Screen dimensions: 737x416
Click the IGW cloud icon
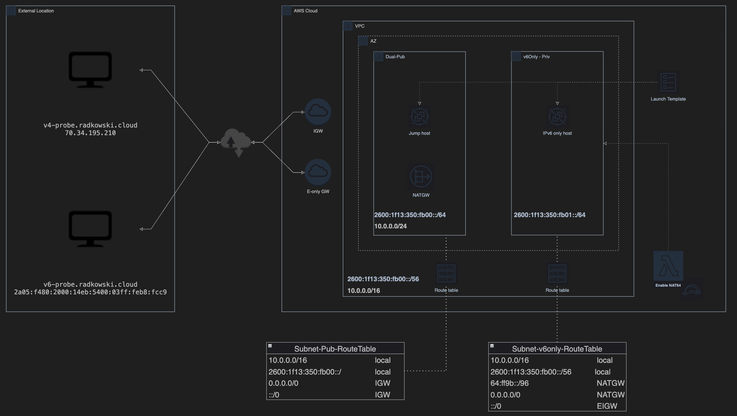(318, 112)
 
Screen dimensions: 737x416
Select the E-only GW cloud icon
(318, 172)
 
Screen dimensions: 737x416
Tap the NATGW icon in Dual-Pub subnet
(421, 177)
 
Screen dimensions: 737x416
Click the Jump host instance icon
(420, 117)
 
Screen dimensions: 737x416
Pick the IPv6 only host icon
(557, 117)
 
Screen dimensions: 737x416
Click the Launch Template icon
(668, 82)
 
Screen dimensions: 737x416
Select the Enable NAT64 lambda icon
(668, 266)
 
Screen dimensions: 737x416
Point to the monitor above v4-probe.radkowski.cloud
(90, 70)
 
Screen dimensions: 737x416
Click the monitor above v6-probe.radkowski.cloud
(90, 229)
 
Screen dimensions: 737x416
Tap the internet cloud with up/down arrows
(236, 142)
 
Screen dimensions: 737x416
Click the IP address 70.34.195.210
(90, 133)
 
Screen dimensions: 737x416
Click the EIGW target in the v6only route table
(607, 406)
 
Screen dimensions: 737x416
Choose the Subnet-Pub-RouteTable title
(335, 349)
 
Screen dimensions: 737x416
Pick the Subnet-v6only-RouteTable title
(557, 349)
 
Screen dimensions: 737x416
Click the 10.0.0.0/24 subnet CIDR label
(390, 226)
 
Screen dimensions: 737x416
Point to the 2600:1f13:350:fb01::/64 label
(550, 215)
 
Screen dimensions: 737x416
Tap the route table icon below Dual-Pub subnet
(446, 274)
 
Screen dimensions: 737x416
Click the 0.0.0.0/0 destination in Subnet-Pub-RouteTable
(284, 383)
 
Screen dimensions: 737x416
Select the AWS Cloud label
(305, 11)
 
